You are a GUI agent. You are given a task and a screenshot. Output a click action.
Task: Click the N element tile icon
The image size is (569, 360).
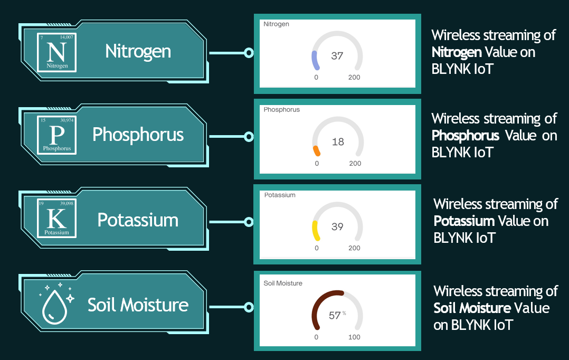pos(56,52)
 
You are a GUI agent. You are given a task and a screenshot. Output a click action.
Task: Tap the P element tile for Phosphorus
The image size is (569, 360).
pos(56,135)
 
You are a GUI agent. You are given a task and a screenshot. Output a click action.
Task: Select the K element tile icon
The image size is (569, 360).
pos(56,218)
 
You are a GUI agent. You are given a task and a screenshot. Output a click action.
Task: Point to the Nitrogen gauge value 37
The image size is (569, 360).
pos(337,56)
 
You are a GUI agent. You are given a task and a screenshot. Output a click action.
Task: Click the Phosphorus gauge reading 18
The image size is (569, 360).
pos(338,141)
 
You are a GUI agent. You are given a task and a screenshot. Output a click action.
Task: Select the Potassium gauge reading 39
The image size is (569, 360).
pos(337,227)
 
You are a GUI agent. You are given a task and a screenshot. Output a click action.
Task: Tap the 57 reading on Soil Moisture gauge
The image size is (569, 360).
pos(335,315)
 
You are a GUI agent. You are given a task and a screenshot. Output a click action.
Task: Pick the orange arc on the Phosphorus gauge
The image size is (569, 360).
pos(317,151)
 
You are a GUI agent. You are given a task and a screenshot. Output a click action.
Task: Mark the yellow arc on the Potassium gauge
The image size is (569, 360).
pos(315,231)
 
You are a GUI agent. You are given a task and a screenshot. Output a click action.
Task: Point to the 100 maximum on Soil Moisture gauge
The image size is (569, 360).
pos(354,337)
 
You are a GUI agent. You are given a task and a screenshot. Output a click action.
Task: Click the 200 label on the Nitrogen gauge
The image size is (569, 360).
pos(354,77)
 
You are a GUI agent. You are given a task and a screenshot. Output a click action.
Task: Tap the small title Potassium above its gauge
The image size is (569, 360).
pos(280,195)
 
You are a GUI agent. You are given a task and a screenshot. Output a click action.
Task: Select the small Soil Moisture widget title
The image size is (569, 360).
pos(283,283)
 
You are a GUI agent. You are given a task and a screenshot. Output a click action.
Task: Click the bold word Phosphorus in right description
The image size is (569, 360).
pos(465,136)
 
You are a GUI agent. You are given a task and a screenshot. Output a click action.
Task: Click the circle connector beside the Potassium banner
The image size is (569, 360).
pos(249,222)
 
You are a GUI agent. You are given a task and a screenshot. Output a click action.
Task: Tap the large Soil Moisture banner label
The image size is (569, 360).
pos(138,305)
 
